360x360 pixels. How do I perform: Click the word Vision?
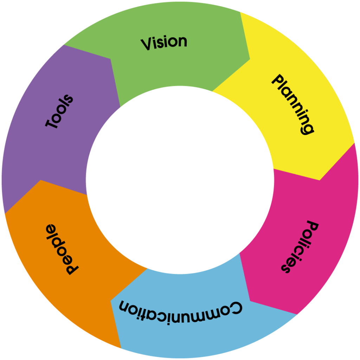[164, 43]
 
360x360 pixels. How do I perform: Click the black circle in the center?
[180, 180]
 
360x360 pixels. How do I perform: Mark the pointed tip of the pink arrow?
[250, 301]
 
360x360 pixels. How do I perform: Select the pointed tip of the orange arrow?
[41, 180]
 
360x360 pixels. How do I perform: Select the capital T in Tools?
[52, 123]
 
